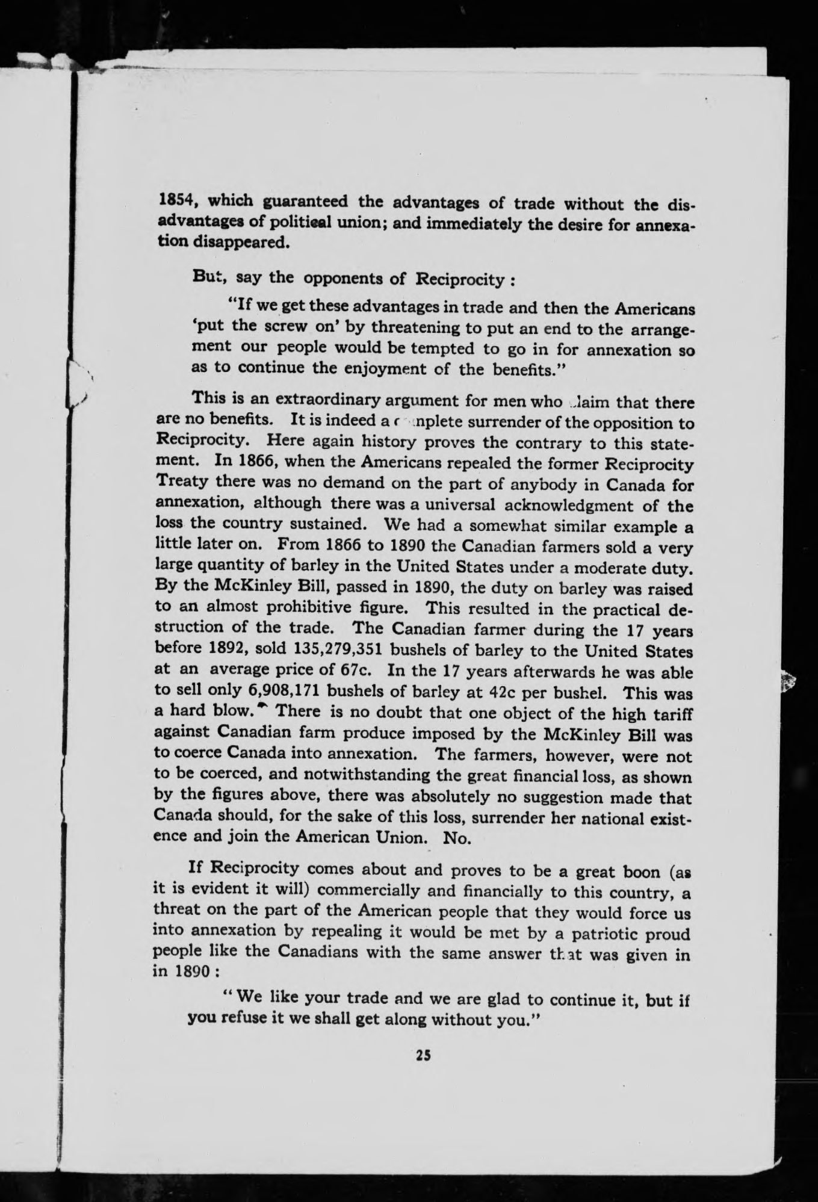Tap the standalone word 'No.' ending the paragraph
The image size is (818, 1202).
[456, 839]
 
